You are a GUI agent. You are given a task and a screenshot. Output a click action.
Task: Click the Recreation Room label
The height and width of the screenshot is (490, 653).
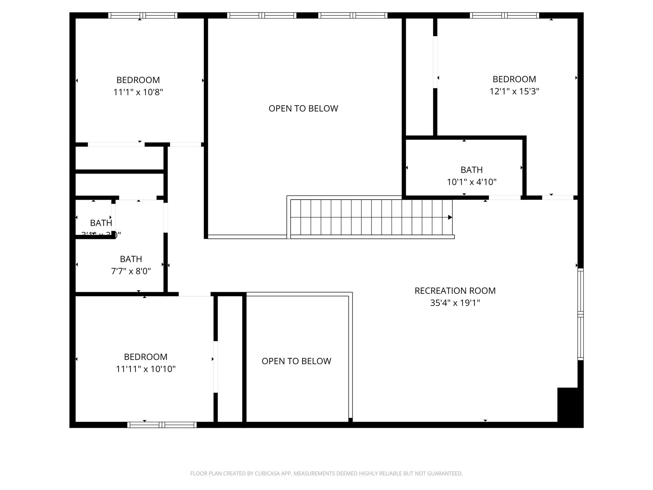(x=455, y=291)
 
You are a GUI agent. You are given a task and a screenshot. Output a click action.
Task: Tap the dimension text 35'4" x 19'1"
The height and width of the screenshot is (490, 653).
(x=455, y=303)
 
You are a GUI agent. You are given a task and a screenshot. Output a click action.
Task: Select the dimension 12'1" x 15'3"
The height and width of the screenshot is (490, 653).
(x=514, y=91)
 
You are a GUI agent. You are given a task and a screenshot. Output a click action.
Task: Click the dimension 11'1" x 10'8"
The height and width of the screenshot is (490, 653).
(x=138, y=92)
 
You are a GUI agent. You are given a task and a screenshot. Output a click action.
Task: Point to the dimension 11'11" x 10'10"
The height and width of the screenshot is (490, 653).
(x=146, y=369)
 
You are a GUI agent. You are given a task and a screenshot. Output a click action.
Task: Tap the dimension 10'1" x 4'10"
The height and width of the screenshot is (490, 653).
(x=472, y=182)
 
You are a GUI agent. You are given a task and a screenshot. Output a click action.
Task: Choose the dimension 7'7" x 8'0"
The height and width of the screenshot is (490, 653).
(x=131, y=271)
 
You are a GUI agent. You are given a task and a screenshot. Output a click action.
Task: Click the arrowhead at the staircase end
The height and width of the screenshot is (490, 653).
(x=450, y=217)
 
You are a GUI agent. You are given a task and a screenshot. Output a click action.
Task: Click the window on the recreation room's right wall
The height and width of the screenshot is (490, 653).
(x=581, y=315)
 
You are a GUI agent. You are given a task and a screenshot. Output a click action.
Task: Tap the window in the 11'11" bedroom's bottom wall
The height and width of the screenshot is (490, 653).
(x=162, y=425)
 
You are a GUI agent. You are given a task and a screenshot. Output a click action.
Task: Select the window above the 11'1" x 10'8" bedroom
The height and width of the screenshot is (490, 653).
(x=143, y=15)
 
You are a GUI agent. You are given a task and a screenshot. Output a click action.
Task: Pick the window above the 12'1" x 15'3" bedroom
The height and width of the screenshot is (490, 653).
(x=504, y=15)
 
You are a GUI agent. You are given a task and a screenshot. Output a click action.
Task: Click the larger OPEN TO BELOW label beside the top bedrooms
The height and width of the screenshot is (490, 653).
(x=303, y=108)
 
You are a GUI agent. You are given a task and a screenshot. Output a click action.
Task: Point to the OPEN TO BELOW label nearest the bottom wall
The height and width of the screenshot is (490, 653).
(x=296, y=361)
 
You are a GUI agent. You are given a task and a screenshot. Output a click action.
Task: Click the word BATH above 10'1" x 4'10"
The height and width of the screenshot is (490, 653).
(x=472, y=170)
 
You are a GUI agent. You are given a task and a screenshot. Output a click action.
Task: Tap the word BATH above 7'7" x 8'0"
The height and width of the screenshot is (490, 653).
(x=131, y=259)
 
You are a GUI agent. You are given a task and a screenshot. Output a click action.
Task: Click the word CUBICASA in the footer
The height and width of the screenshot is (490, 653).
(x=267, y=473)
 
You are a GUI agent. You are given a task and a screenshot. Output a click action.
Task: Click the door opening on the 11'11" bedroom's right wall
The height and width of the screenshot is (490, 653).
(x=216, y=367)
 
